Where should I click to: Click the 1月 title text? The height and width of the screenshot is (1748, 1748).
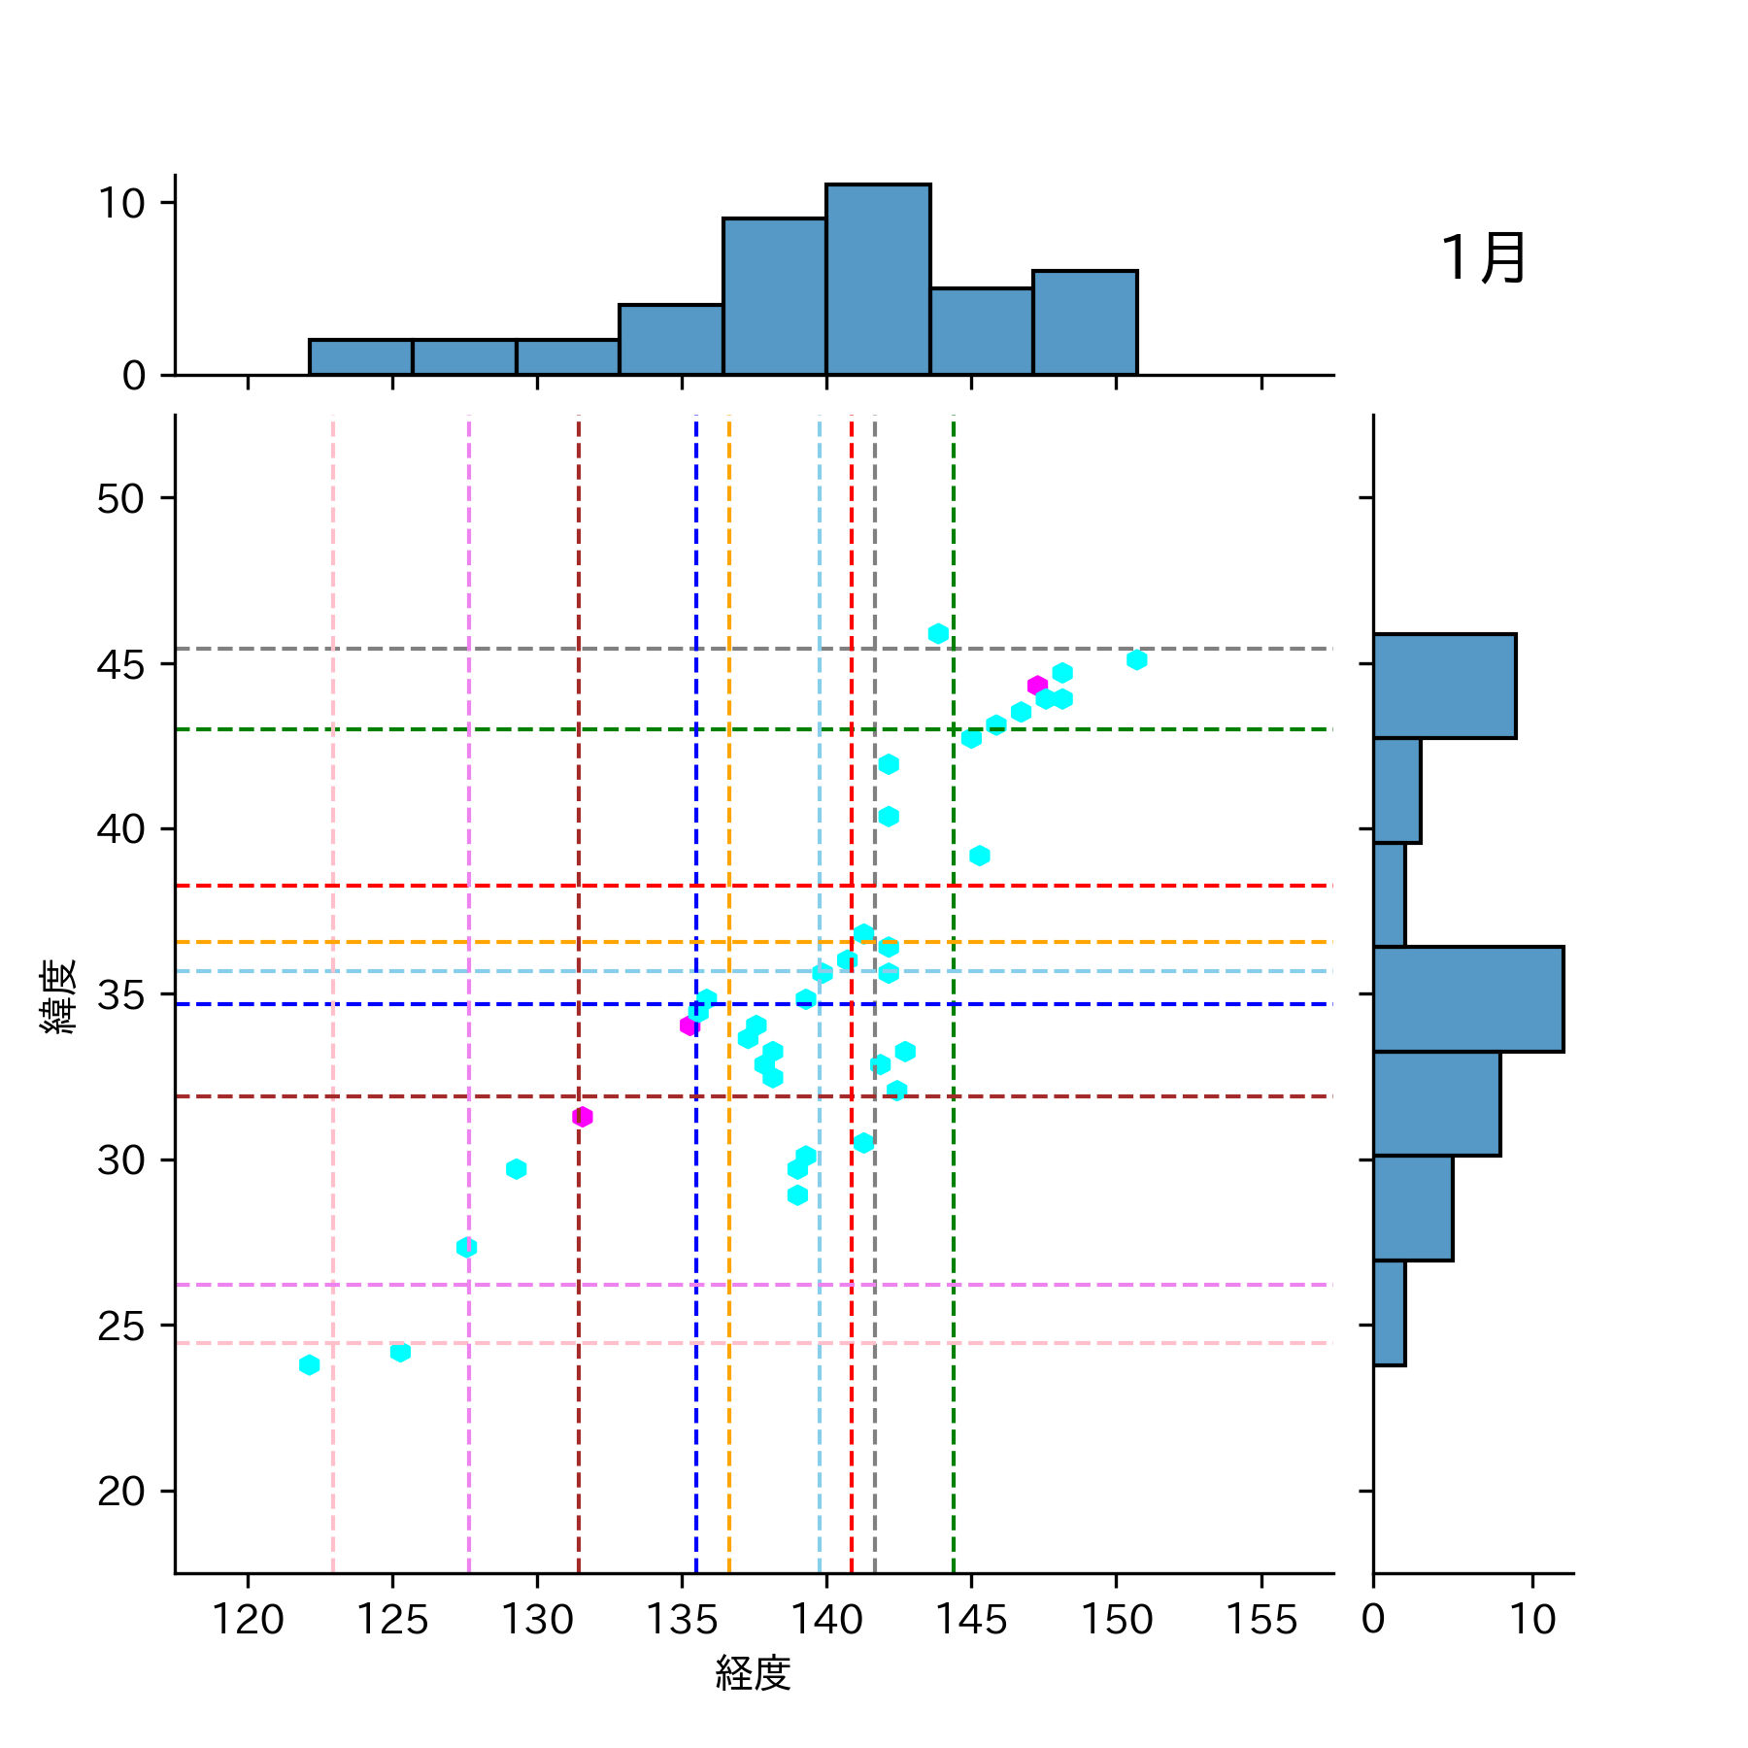pos(1483,258)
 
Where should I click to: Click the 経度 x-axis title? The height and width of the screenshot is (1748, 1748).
pos(753,1672)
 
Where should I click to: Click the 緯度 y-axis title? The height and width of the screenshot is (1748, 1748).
pos(58,995)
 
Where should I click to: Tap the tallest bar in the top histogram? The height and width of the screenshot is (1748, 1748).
pos(878,280)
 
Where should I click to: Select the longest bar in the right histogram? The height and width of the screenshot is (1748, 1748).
pos(1467,998)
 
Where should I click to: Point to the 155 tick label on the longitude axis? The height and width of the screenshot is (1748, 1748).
pos(1261,1620)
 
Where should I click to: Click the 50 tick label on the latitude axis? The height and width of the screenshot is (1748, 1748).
pos(120,499)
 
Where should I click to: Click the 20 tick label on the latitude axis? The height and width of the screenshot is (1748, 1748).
pos(120,1491)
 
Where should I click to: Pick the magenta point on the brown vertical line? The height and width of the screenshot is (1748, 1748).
pos(582,1117)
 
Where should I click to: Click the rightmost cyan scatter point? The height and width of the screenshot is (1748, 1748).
pos(1136,660)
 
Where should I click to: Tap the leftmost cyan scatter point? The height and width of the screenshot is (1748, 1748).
pos(309,1365)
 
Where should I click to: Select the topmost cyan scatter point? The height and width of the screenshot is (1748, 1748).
pos(937,634)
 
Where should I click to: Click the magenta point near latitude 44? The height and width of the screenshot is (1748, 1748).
pos(1037,686)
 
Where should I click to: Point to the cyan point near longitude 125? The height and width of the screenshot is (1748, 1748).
pos(400,1352)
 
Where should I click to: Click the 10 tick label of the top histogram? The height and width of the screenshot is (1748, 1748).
pos(120,204)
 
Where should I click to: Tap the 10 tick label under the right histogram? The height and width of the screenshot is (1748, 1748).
pos(1532,1620)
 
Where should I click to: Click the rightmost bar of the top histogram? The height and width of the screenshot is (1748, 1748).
pos(1085,322)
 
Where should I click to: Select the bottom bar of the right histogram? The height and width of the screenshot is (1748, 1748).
pos(1389,1313)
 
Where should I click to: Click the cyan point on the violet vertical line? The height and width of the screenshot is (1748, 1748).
pos(466,1247)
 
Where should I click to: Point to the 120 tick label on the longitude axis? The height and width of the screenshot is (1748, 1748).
pos(248,1620)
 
